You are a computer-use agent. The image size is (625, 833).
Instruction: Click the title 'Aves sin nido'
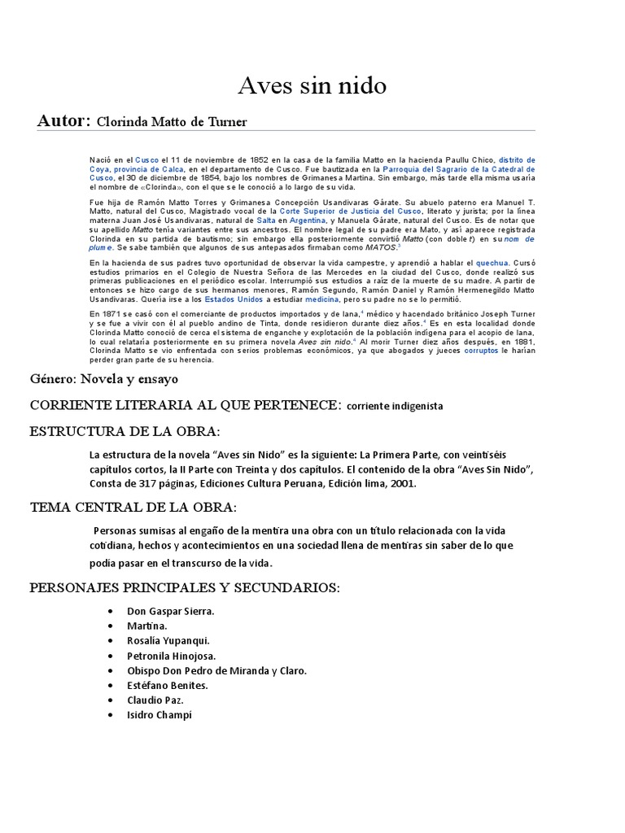[312, 85]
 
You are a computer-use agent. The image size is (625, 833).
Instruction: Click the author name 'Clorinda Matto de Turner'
[172, 122]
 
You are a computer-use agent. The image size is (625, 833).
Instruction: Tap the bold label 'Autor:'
[63, 121]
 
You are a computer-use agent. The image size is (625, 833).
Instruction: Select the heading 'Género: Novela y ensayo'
[104, 379]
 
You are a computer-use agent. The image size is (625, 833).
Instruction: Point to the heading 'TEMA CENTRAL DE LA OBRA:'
[133, 507]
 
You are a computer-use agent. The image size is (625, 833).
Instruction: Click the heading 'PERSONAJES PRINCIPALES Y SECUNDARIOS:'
[184, 587]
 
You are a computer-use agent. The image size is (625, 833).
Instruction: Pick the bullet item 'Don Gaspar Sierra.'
[171, 611]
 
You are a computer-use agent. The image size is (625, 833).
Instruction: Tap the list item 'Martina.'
[147, 626]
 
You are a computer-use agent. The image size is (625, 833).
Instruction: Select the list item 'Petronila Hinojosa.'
[172, 656]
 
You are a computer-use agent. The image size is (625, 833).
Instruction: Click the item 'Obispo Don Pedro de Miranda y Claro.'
[217, 670]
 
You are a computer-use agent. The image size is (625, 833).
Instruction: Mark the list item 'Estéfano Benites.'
[168, 685]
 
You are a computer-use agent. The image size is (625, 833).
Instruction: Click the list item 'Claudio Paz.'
[155, 700]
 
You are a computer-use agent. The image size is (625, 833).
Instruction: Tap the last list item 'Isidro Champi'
[160, 715]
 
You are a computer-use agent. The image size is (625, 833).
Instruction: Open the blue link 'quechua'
[492, 264]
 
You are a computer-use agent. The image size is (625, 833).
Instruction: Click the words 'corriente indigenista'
[395, 405]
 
